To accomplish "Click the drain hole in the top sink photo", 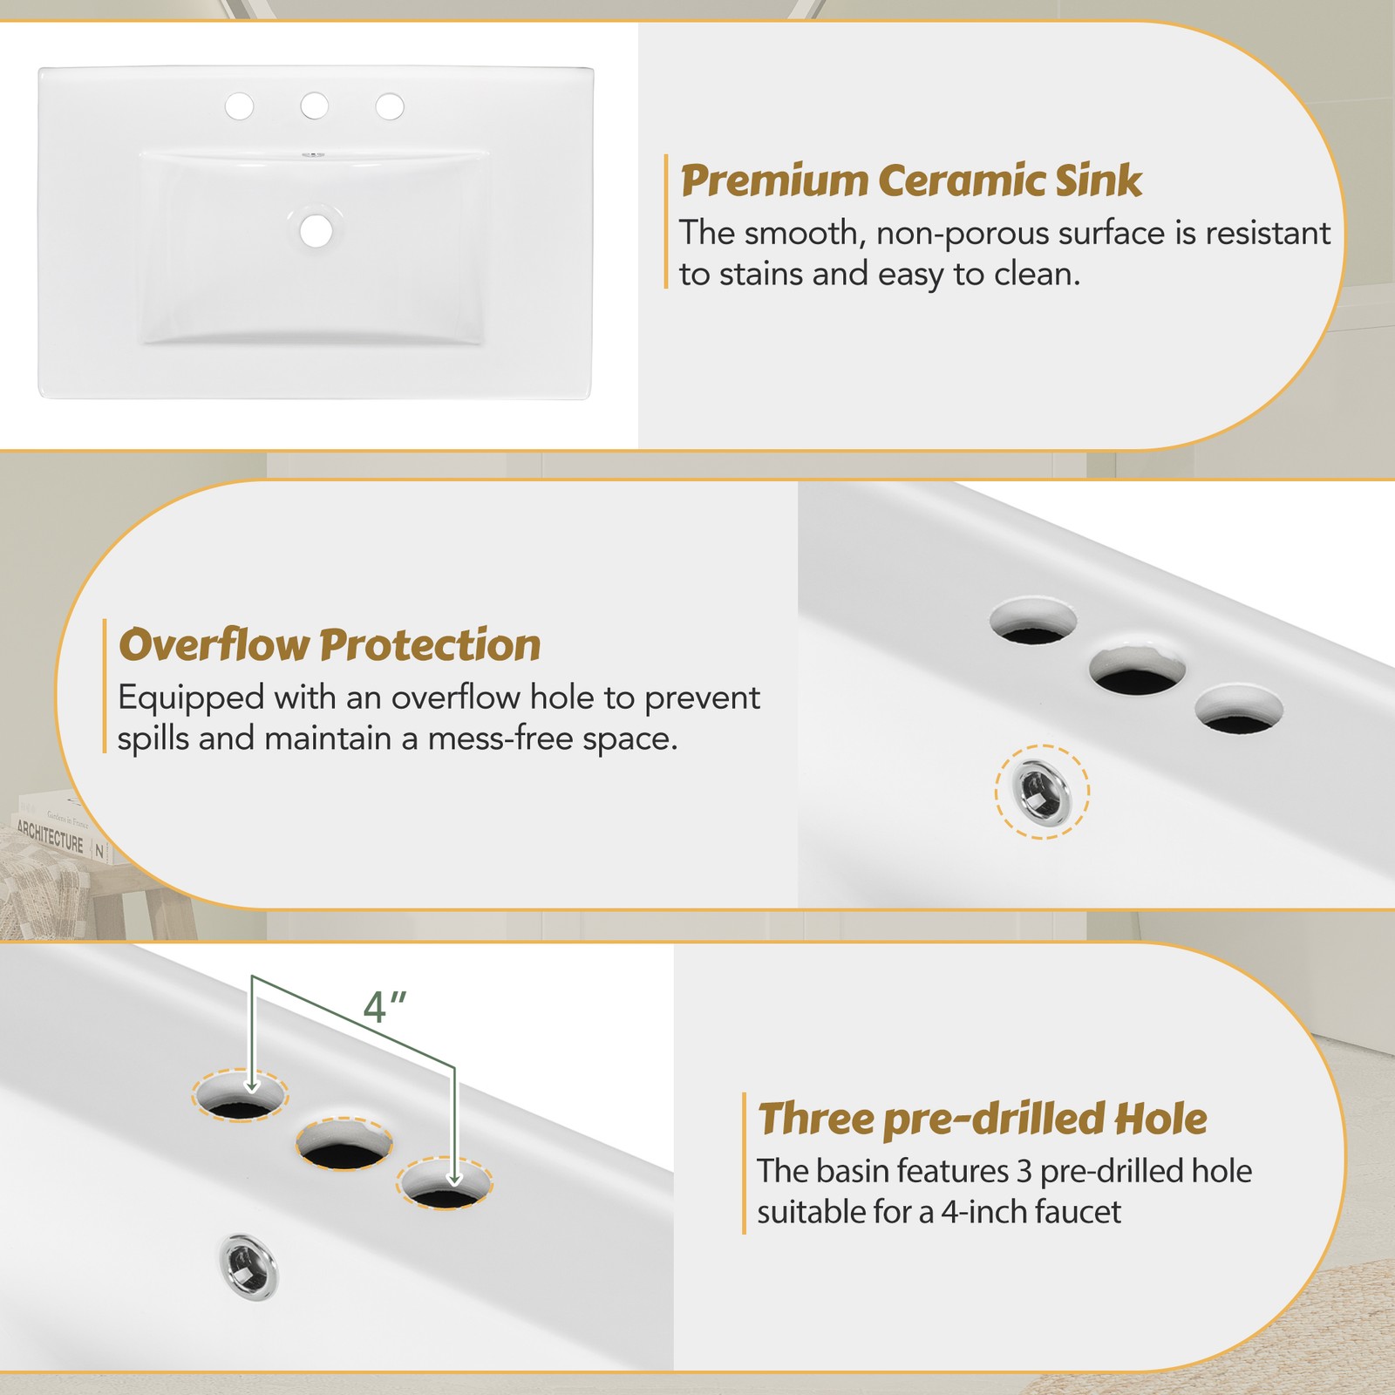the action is [316, 231].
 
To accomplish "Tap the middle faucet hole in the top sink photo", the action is [315, 106].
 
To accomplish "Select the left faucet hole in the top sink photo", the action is [240, 106].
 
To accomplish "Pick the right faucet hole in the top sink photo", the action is [390, 106].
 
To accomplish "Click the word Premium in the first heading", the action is [775, 181].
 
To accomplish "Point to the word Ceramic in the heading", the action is [962, 180].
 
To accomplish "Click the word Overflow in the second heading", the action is [214, 645].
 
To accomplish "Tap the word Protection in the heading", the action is [430, 646].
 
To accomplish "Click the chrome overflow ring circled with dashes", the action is [1043, 792].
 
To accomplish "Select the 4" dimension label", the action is [384, 1008].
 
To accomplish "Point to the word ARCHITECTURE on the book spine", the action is [51, 837].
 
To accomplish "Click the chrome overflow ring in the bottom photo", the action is [248, 1263].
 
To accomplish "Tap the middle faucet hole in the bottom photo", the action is [344, 1143].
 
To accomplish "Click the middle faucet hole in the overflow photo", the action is [1138, 670].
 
